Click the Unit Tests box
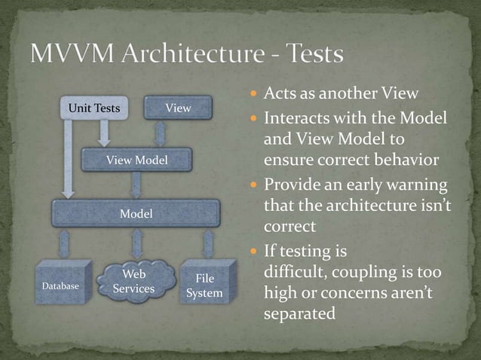tap(94, 108)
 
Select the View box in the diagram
tap(178, 108)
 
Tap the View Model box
tap(136, 160)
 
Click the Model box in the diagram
tap(136, 214)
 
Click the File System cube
tap(204, 285)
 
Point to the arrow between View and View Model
tap(161, 134)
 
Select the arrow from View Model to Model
tap(136, 186)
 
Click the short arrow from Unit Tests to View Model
tap(104, 134)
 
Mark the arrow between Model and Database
tap(65, 244)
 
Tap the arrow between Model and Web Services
tap(136, 244)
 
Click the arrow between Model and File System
tap(208, 244)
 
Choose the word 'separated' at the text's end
tap(299, 313)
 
